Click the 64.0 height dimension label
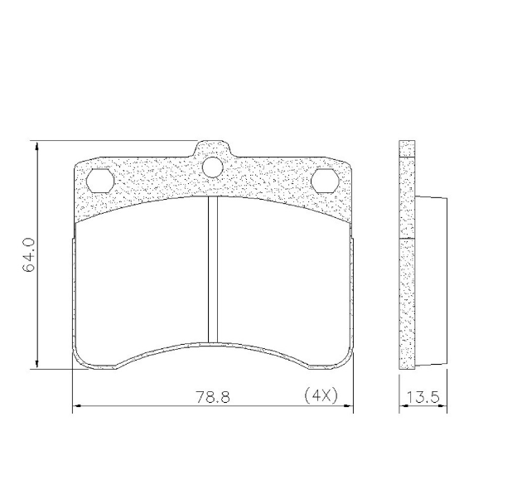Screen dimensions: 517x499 29,254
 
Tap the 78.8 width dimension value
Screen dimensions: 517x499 213,397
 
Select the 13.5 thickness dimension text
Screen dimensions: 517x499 423,397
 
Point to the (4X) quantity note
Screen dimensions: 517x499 321,395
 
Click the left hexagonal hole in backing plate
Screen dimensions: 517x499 100,181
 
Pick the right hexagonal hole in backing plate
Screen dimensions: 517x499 326,181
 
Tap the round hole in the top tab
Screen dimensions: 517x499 213,167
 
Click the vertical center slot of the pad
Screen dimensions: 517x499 213,269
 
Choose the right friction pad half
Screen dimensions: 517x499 283,277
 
